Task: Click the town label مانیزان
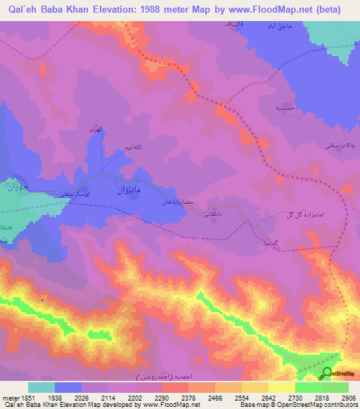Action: click(131, 190)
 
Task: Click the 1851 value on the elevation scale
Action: click(28, 398)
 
